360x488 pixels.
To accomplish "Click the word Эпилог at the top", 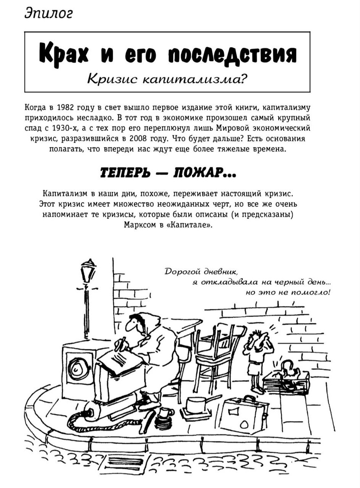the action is pos(48,13).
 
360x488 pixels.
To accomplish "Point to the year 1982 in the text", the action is pos(66,109).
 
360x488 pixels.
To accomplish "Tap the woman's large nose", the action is pos(129,325).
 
